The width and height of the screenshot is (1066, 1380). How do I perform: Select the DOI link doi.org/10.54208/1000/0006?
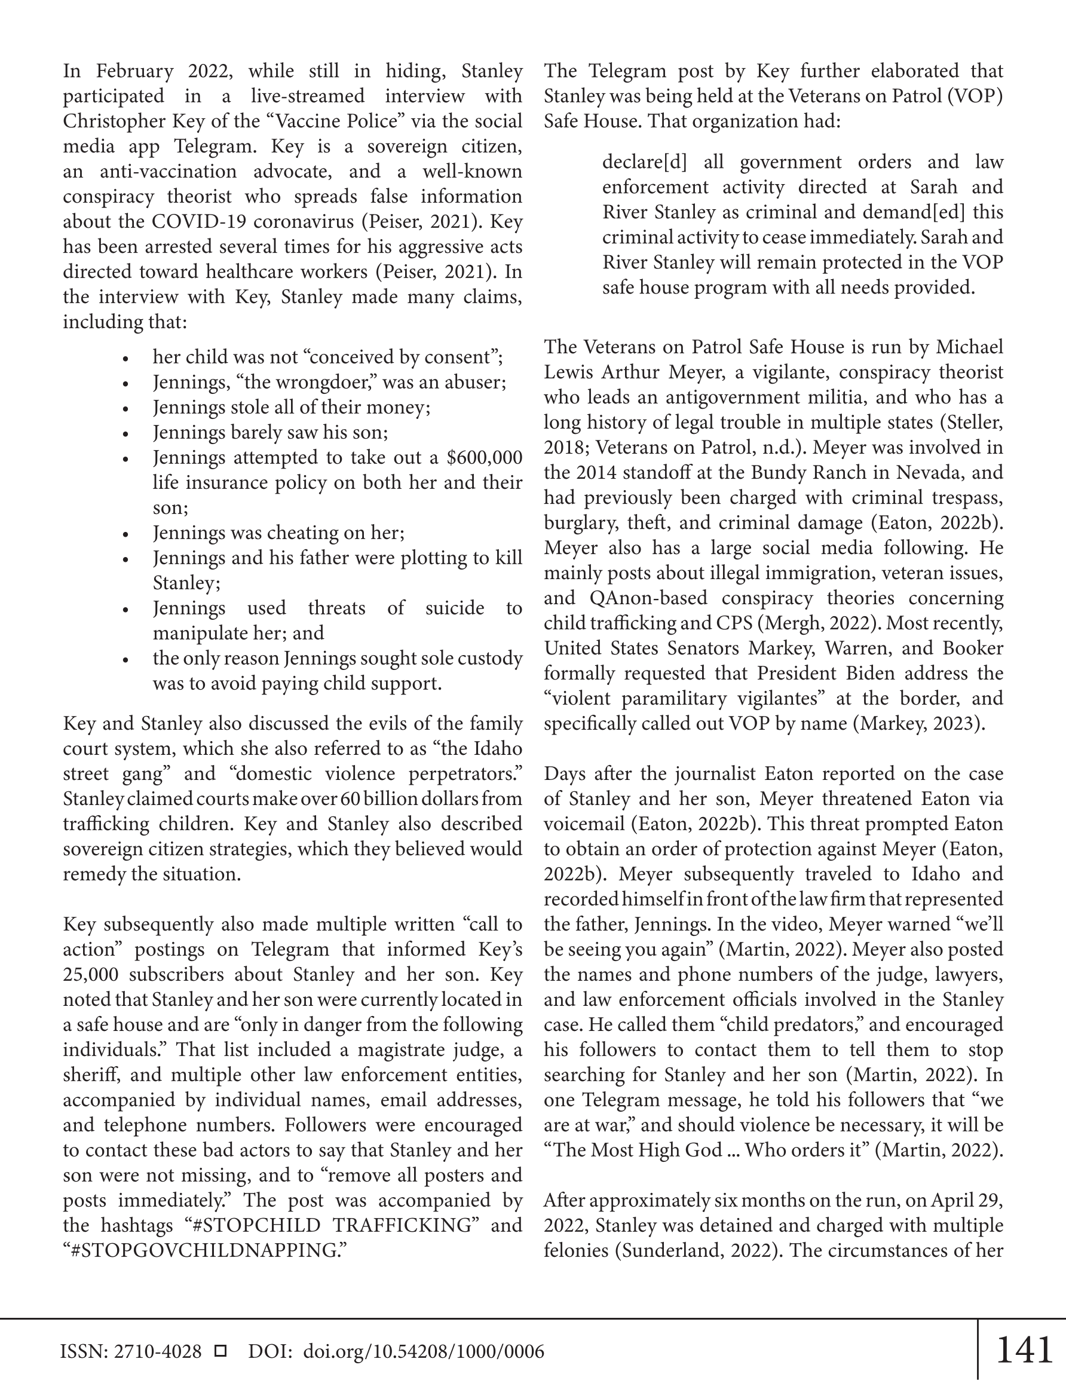pos(424,1351)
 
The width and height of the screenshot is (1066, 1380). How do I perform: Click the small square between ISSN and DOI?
pos(220,1351)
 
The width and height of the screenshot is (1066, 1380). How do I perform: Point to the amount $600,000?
pos(484,457)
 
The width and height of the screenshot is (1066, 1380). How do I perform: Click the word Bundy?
pos(778,473)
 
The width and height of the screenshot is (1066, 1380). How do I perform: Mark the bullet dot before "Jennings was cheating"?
pos(125,534)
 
